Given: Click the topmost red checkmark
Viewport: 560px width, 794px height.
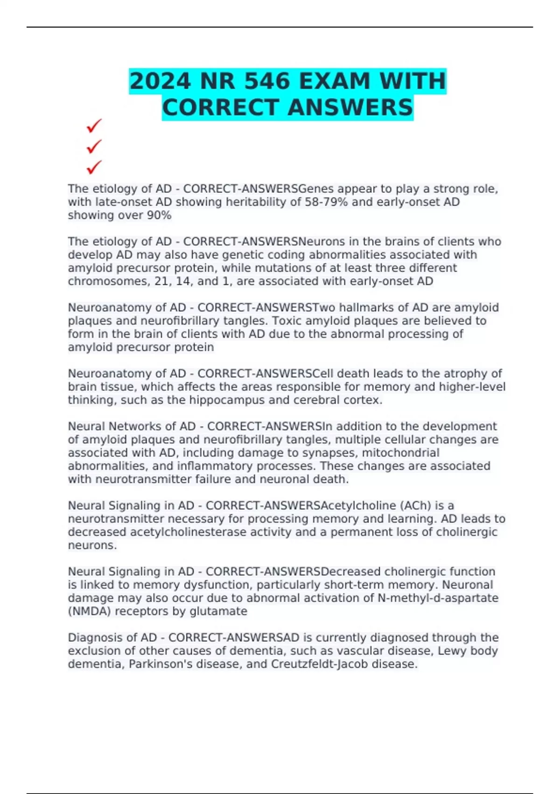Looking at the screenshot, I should pyautogui.click(x=94, y=126).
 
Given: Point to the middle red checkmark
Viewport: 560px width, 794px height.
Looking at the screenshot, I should pyautogui.click(x=94, y=146).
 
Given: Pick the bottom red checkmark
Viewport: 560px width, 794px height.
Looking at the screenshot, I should pyautogui.click(x=94, y=167).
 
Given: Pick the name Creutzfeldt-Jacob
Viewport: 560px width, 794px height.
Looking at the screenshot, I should pyautogui.click(x=319, y=664).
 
